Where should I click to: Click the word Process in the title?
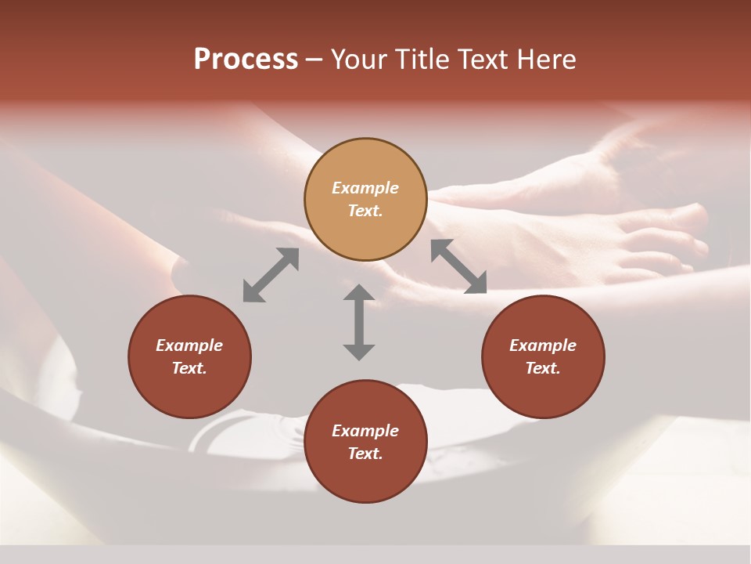click(x=246, y=60)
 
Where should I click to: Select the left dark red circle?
click(x=189, y=356)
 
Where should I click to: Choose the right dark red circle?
click(x=543, y=356)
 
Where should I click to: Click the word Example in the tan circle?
click(x=365, y=188)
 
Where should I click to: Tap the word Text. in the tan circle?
click(x=365, y=211)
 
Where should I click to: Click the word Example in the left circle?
click(x=189, y=345)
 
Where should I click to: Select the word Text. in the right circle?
click(x=543, y=368)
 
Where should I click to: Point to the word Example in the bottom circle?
click(x=365, y=431)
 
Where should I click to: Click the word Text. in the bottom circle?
click(x=365, y=454)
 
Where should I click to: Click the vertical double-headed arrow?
click(x=359, y=322)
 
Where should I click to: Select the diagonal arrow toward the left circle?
click(x=271, y=274)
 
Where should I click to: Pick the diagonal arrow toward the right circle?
click(x=458, y=266)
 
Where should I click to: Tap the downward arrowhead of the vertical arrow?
click(x=359, y=351)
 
